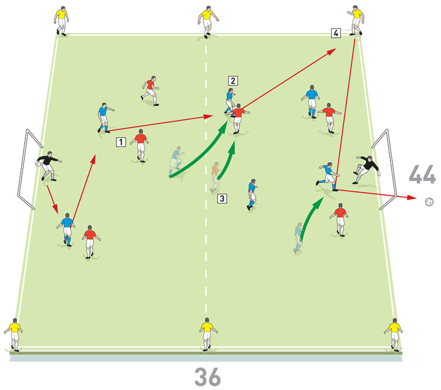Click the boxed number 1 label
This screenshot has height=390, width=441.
[x=121, y=142]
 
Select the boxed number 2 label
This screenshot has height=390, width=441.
[x=233, y=81]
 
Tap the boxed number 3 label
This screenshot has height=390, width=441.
[x=222, y=198]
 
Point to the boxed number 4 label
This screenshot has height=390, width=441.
[x=336, y=33]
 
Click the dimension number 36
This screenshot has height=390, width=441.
[x=208, y=377]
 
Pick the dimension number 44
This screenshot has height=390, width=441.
[x=422, y=175]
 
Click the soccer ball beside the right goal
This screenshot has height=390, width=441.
[x=429, y=202]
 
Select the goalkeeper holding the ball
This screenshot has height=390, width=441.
[x=48, y=166]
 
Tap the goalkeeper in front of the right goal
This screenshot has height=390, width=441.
[x=366, y=169]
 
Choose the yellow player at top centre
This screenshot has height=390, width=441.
[x=208, y=22]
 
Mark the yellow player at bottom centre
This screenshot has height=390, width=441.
[x=208, y=334]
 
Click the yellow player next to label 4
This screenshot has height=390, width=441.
[x=356, y=20]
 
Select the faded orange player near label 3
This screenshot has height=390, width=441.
[x=215, y=177]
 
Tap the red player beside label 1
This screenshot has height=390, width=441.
[x=140, y=145]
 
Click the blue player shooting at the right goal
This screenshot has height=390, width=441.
[x=328, y=176]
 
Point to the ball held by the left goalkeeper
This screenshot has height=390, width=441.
[x=38, y=164]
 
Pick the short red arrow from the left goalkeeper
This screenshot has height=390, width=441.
[x=52, y=199]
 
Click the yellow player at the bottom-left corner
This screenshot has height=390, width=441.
[x=14, y=335]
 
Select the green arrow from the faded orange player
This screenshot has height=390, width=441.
[x=227, y=161]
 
